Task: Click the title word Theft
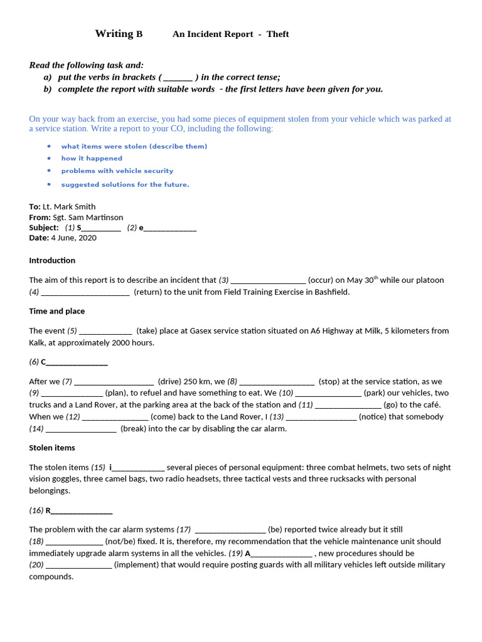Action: click(x=277, y=34)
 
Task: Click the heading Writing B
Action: click(x=119, y=34)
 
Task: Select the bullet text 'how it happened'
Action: click(x=92, y=159)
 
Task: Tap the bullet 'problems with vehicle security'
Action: click(x=117, y=171)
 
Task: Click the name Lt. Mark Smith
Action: click(x=69, y=207)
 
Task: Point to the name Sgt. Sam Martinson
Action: click(x=88, y=218)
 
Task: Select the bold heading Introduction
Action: click(x=52, y=260)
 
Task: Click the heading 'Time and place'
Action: click(x=56, y=311)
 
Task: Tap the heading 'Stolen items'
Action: click(x=52, y=448)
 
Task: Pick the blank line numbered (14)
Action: click(x=81, y=429)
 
